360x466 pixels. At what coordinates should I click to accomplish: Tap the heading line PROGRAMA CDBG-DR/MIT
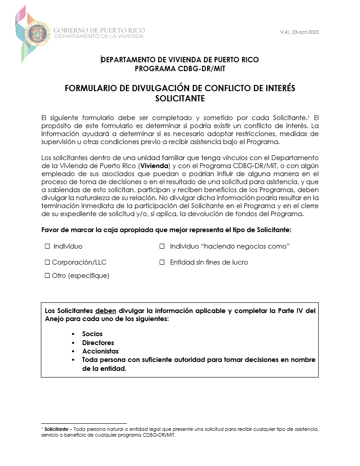click(x=180, y=68)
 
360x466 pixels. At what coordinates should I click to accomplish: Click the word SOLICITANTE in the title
click(x=180, y=98)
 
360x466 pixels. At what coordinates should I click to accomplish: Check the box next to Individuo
click(x=47, y=246)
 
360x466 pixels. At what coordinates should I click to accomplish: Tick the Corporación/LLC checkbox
click(x=47, y=262)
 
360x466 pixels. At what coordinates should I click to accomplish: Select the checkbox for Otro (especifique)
click(x=47, y=276)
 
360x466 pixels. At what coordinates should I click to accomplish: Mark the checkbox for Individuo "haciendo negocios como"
click(x=162, y=246)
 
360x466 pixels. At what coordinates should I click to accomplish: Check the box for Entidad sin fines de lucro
click(x=162, y=262)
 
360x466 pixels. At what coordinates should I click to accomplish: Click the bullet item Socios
click(x=92, y=334)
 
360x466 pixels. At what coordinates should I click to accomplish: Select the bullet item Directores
click(x=98, y=343)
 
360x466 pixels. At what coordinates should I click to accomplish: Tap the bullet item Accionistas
click(x=100, y=351)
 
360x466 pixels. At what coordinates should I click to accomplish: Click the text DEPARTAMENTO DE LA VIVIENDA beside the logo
click(x=99, y=36)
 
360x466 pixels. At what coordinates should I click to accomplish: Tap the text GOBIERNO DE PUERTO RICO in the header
click(x=99, y=30)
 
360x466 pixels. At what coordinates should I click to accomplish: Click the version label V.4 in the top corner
click(x=284, y=32)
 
